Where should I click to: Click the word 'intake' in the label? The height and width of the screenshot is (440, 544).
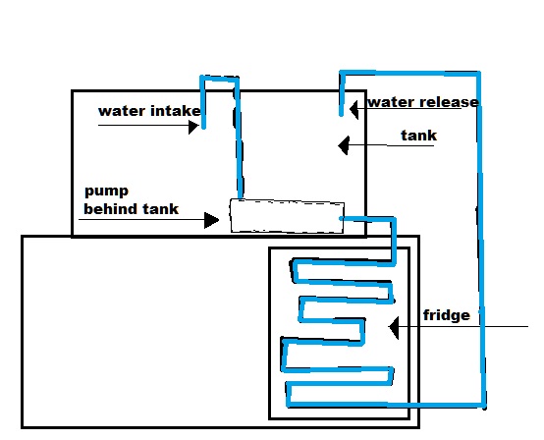click(x=175, y=111)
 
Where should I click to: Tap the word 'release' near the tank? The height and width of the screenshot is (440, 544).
click(x=450, y=102)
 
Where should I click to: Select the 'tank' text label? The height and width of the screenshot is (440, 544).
click(x=418, y=136)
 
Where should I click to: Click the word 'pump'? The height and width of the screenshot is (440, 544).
click(x=106, y=192)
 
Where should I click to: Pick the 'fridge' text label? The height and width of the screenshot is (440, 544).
click(x=447, y=315)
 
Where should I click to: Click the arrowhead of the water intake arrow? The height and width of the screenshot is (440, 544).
click(x=193, y=127)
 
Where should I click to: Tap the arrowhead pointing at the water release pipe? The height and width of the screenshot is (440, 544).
click(x=354, y=110)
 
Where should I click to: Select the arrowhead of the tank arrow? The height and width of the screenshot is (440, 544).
click(x=343, y=145)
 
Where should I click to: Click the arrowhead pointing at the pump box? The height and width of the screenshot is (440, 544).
click(x=212, y=220)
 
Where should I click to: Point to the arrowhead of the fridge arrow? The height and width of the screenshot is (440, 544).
click(x=394, y=327)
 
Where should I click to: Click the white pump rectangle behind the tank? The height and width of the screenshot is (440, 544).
click(x=287, y=216)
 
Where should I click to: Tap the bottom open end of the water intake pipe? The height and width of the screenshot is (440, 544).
click(x=203, y=128)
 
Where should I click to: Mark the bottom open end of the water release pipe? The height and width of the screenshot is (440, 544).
click(x=341, y=114)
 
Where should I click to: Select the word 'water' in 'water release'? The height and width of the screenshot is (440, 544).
click(x=392, y=102)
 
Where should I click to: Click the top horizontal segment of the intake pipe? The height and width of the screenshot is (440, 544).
click(x=219, y=78)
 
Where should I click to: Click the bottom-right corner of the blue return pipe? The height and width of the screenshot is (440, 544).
click(x=484, y=405)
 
